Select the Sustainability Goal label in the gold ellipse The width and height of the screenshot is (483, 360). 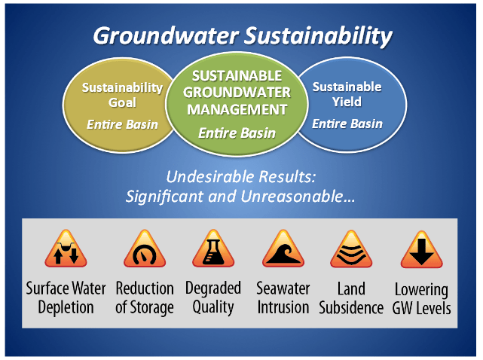tap(122, 94)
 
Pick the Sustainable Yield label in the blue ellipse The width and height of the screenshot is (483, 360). tap(347, 94)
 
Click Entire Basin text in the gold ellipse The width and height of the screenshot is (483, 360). tap(122, 124)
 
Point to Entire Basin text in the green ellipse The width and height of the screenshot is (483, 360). tap(236, 133)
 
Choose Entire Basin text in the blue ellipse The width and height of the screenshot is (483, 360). tap(347, 124)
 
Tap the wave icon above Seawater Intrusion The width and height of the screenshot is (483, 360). tap(283, 250)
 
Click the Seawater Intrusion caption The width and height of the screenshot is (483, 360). tap(283, 297)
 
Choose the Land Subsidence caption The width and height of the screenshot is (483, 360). tap(351, 298)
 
